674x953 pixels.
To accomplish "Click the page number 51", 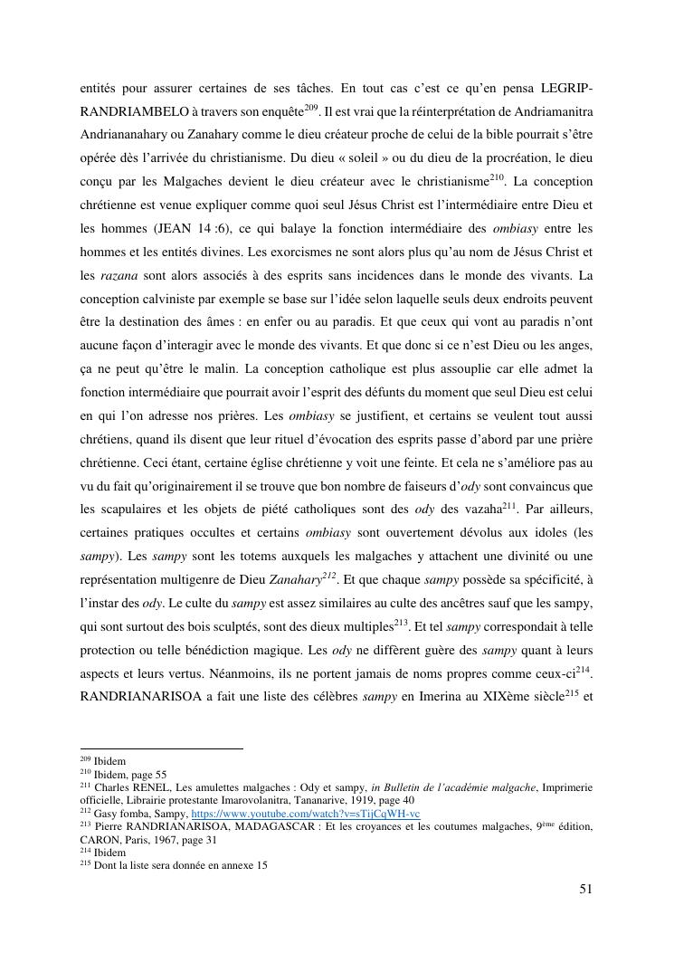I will pyautogui.click(x=585, y=889).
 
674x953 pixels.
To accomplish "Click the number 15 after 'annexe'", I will pyautogui.click(x=261, y=864).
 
